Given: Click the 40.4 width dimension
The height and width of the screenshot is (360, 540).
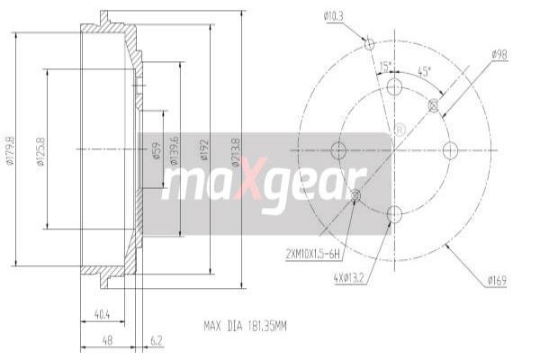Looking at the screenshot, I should (x=102, y=315).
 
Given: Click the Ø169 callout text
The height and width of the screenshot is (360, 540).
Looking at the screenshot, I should (x=497, y=281).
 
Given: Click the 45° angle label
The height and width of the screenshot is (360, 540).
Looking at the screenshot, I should (x=424, y=71).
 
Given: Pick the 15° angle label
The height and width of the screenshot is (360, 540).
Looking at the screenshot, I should (x=385, y=67).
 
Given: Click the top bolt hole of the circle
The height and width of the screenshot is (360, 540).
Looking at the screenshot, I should (x=393, y=86).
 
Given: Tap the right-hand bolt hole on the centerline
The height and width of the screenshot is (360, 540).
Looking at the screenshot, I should (x=451, y=149).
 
